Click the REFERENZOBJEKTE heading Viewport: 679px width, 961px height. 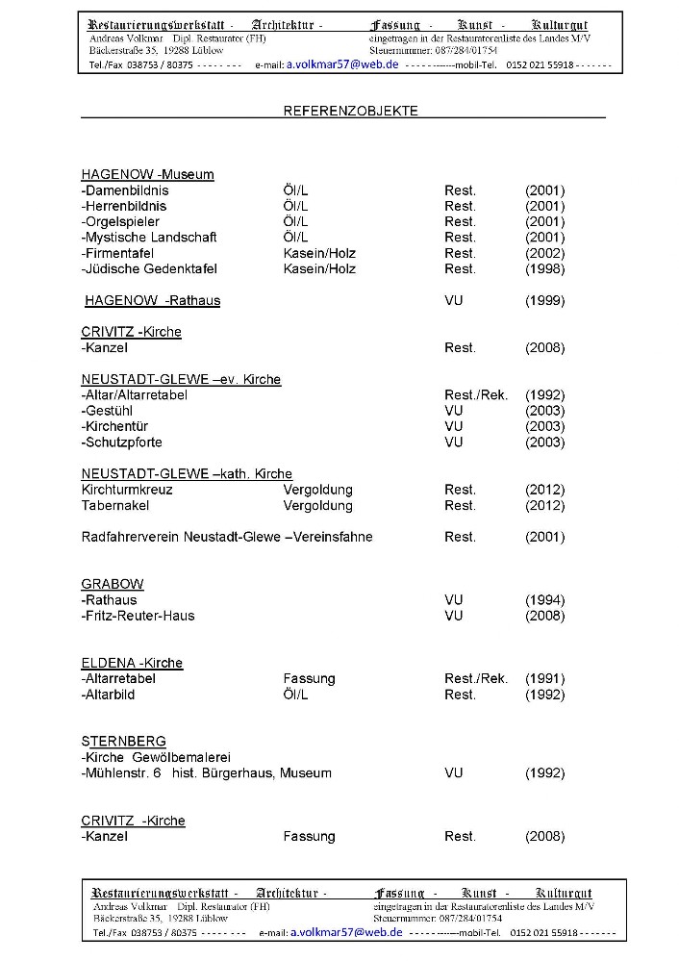(350, 111)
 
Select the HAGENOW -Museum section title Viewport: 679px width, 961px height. (147, 174)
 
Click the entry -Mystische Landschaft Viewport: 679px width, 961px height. (149, 237)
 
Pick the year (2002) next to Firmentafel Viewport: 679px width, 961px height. (544, 253)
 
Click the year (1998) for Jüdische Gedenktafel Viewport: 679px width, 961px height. (544, 268)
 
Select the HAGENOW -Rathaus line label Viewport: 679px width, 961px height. (152, 300)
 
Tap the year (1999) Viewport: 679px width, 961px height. (544, 300)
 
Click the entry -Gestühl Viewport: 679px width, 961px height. (110, 411)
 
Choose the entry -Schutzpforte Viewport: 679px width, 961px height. (122, 443)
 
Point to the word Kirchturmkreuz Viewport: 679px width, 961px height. (127, 490)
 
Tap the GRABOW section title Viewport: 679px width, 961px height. (113, 584)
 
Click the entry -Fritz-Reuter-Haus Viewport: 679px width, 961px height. (138, 616)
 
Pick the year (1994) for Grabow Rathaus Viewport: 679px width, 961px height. (544, 600)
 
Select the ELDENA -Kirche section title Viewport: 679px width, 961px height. (132, 663)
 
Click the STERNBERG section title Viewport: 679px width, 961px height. (123, 742)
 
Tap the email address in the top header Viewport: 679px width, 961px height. (342, 63)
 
